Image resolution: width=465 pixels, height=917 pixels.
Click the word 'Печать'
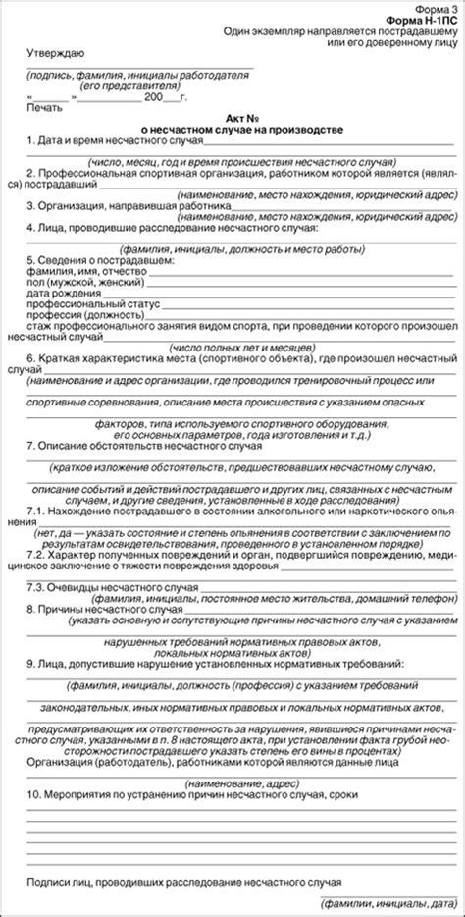click(45, 107)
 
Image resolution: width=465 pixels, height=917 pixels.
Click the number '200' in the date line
click(154, 96)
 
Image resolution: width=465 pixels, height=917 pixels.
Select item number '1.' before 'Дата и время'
click(31, 141)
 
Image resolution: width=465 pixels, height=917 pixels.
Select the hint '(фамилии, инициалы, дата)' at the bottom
click(387, 902)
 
